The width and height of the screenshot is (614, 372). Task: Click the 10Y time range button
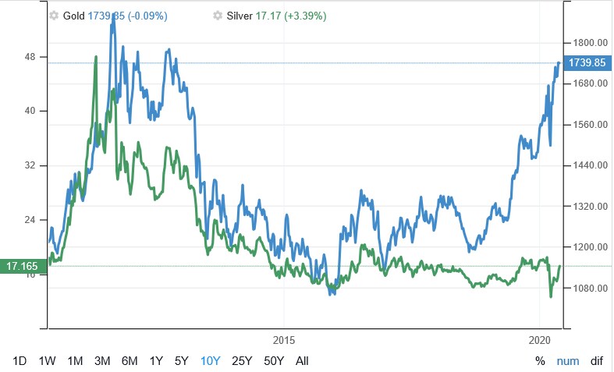pyautogui.click(x=211, y=360)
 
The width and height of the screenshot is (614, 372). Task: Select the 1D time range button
pyautogui.click(x=20, y=360)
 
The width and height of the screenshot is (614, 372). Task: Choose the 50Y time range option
pyautogui.click(x=274, y=360)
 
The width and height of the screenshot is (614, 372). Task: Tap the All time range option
pyautogui.click(x=302, y=360)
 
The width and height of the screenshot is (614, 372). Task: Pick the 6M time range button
pyautogui.click(x=130, y=360)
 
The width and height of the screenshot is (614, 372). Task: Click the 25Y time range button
pyautogui.click(x=242, y=360)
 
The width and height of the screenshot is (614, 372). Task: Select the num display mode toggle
pyautogui.click(x=567, y=360)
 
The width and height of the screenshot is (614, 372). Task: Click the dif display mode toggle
pyautogui.click(x=596, y=360)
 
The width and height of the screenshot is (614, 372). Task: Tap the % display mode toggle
pyautogui.click(x=540, y=360)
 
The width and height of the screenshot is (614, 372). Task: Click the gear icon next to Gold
pyautogui.click(x=54, y=16)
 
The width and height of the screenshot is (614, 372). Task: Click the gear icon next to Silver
pyautogui.click(x=218, y=16)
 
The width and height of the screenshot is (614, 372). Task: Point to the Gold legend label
pyautogui.click(x=73, y=16)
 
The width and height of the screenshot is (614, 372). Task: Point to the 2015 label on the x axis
pyautogui.click(x=284, y=340)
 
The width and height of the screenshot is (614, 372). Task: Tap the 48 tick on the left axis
pyautogui.click(x=33, y=57)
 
